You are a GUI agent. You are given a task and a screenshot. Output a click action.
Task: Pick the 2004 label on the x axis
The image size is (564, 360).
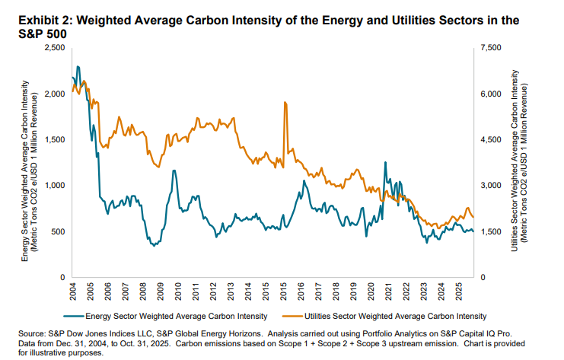72,292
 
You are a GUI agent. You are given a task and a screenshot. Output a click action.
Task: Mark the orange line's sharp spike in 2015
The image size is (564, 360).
285,102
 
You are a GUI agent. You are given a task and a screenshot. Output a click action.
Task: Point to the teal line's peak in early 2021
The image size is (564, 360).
385,162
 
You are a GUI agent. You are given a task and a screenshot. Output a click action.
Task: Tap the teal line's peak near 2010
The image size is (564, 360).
174,170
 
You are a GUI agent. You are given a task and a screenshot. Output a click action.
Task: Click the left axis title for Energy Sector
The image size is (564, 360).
30,162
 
